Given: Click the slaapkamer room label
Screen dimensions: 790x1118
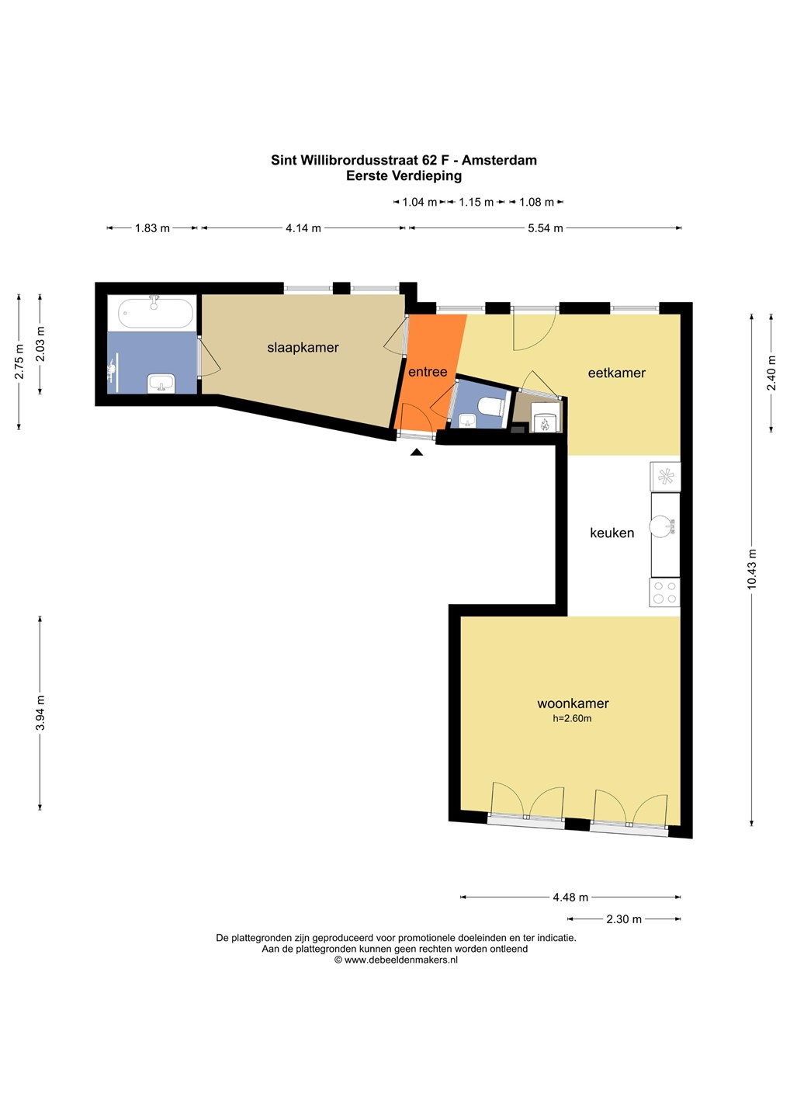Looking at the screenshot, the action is pos(303,347).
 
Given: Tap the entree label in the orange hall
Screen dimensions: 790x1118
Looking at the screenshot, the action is pos(428,372).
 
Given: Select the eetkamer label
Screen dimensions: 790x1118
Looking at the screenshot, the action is pos(616,373).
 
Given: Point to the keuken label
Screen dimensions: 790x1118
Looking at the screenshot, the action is pos(612,533).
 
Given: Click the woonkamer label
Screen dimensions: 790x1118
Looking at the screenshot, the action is pos(573,703).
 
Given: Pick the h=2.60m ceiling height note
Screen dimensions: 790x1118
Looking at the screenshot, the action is pos(572,719).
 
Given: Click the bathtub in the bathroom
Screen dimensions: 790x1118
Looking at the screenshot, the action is pos(156,312).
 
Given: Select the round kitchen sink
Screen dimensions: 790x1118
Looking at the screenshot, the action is pos(662,526).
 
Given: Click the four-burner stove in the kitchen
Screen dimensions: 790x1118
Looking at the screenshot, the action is pos(664,592).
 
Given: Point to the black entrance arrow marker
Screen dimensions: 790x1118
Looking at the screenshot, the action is pos(417,452).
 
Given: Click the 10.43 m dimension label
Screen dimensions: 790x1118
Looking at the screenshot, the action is pos(752,569).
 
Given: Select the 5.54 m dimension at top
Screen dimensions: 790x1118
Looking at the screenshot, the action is pos(545,228).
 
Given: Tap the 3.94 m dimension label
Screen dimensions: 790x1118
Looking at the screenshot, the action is pos(40,713).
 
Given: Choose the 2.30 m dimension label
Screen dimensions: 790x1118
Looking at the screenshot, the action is pos(623,919).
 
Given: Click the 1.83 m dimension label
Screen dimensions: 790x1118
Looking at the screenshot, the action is pos(152,228).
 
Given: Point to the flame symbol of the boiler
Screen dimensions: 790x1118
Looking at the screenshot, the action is pos(544,425).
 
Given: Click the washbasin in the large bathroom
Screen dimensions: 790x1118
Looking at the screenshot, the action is pos(161,384).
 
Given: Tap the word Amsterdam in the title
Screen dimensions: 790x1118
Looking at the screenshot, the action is pos(499,160).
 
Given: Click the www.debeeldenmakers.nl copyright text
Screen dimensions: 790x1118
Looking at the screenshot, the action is pos(396,960).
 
